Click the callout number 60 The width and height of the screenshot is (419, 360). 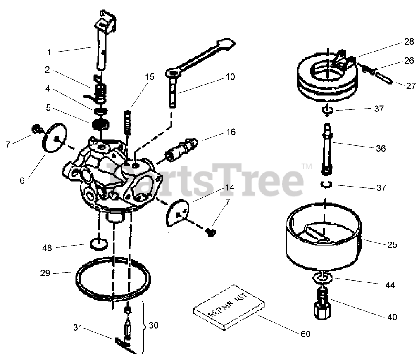tap(305, 334)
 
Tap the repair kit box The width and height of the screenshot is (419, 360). tap(226, 307)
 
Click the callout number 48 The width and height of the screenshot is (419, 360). tap(47, 248)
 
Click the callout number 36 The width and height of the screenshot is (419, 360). tap(381, 148)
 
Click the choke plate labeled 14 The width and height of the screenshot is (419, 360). tap(179, 212)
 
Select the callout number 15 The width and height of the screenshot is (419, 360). tap(149, 77)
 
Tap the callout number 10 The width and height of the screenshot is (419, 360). tap(230, 77)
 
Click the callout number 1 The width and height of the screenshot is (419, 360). tap(49, 52)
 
